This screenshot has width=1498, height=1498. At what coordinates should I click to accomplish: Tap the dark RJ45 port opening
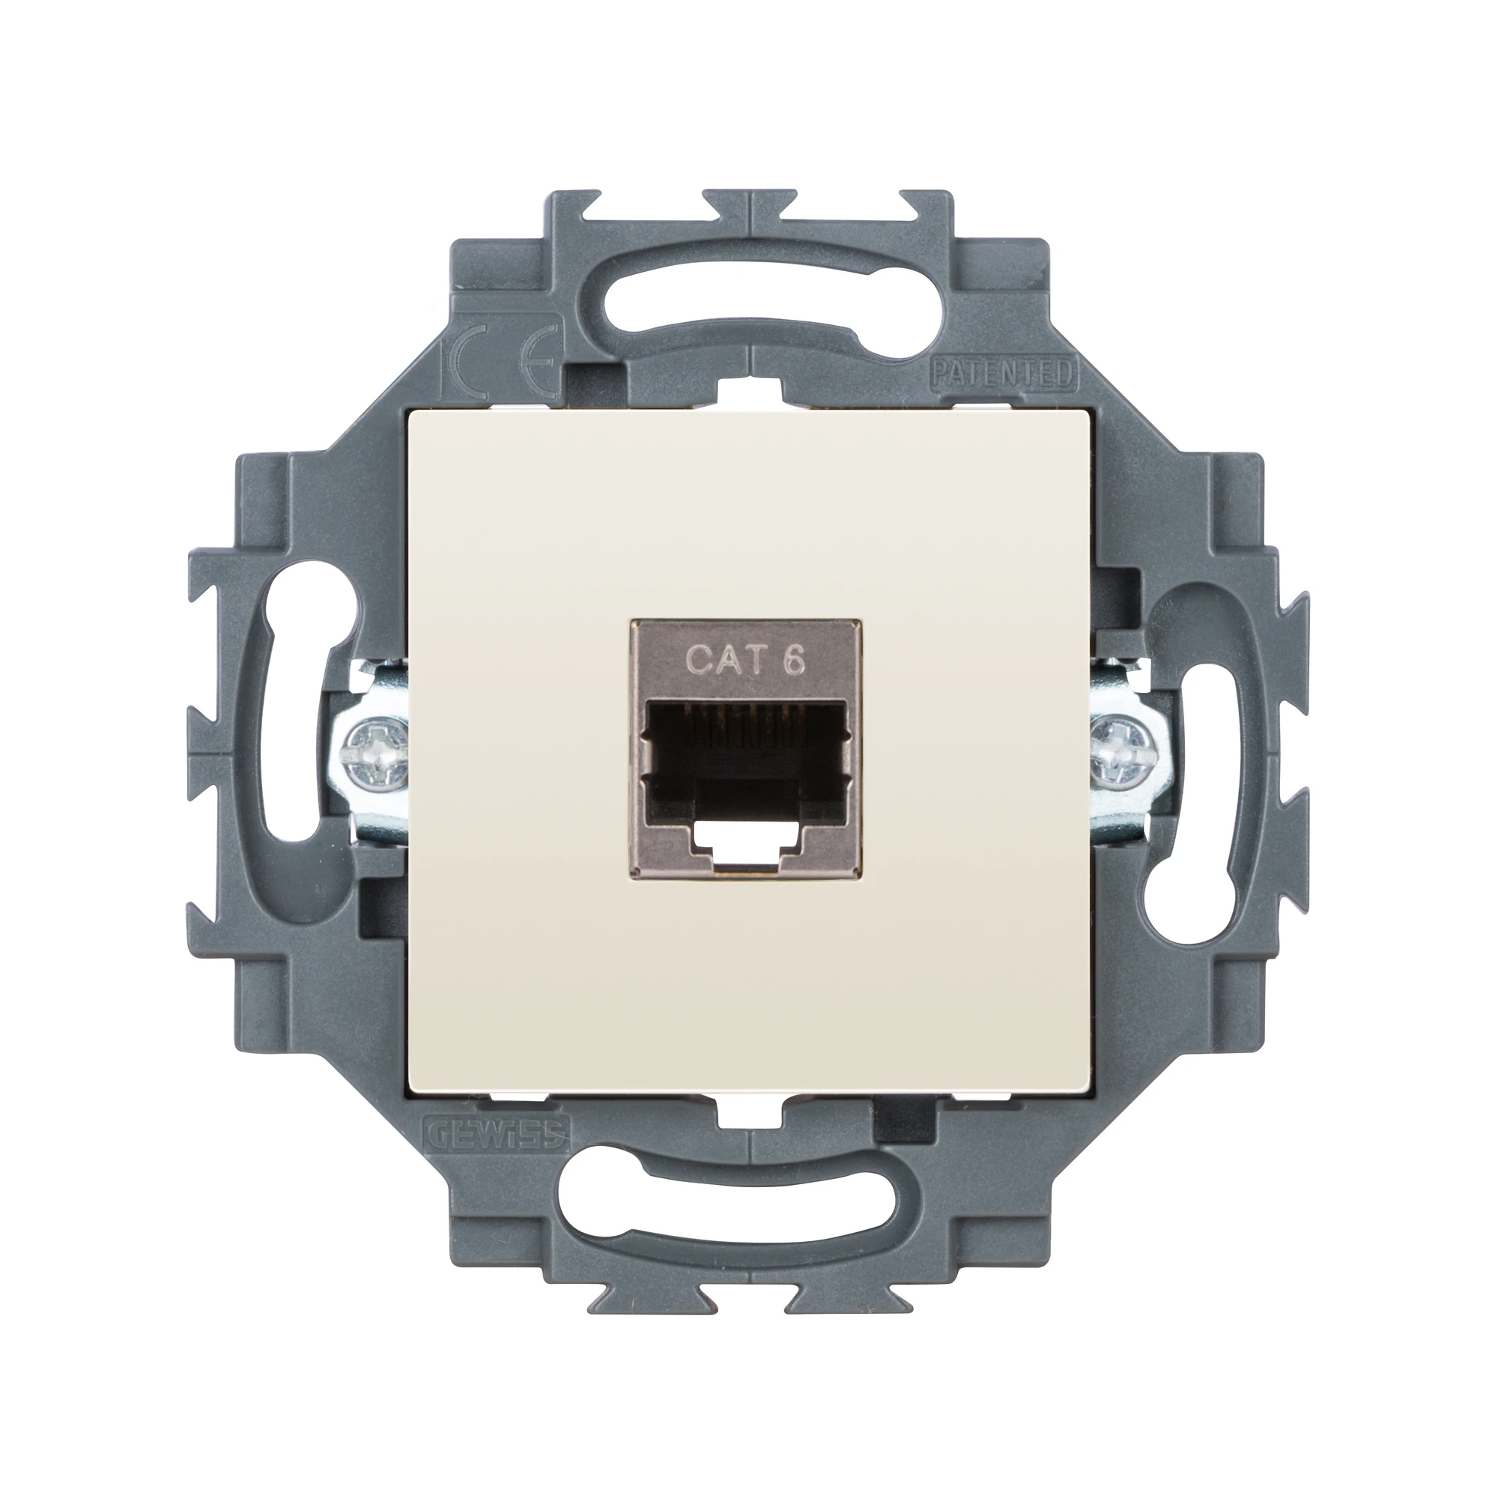[x=748, y=748]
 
